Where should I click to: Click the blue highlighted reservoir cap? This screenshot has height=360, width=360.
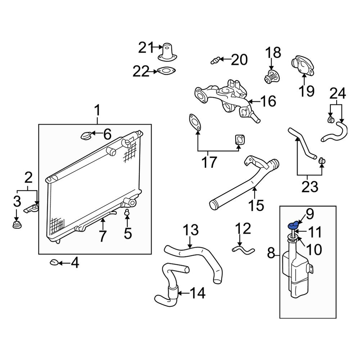[x=294, y=226]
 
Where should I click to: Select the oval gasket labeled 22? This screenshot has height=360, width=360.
[x=166, y=71]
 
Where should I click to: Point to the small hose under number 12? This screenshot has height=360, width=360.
[x=242, y=248]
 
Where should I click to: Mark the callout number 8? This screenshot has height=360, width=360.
[x=271, y=255]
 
